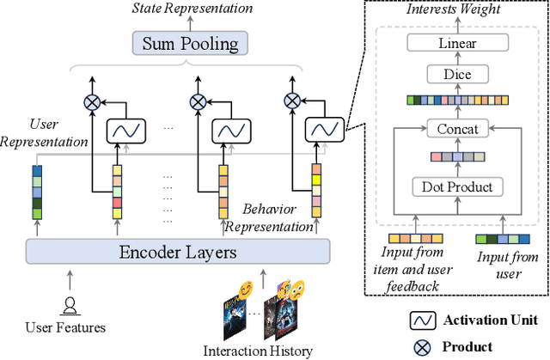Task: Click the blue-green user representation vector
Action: point(38,190)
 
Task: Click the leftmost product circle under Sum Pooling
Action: point(92,101)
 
